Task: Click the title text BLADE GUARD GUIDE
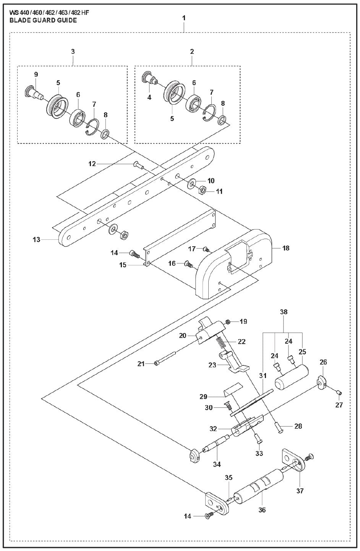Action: (x=43, y=20)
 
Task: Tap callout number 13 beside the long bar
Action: (x=36, y=240)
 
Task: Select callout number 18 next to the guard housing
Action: (x=285, y=248)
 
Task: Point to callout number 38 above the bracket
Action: (x=283, y=312)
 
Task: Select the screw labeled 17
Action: (x=206, y=249)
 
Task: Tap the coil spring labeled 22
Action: (x=221, y=339)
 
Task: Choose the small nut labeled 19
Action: (x=228, y=322)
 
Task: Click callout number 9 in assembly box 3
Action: (x=36, y=74)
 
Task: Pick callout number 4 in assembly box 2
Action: (x=149, y=97)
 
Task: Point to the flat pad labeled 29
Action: (x=232, y=390)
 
